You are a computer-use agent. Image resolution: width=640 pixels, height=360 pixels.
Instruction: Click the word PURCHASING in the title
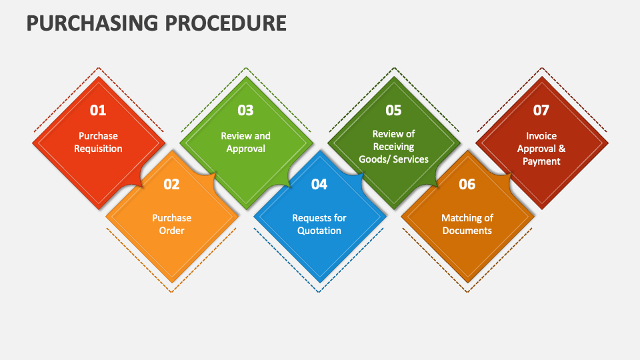(92, 23)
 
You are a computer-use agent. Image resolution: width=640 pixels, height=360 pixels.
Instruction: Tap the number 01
(98, 110)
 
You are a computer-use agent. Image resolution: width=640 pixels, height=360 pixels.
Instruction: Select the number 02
(171, 185)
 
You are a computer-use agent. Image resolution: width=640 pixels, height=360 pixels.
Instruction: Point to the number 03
(246, 110)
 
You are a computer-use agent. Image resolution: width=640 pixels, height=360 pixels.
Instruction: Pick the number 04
(319, 185)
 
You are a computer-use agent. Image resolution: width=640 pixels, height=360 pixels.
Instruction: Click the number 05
(393, 110)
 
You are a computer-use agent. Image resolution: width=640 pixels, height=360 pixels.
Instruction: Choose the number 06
(467, 185)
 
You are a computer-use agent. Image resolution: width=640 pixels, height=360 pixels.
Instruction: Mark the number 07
(541, 110)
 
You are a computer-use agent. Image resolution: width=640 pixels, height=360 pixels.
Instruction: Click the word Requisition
(98, 149)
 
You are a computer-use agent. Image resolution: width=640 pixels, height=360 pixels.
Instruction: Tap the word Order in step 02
(171, 231)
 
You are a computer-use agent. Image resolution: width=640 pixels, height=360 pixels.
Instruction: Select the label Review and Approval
(246, 142)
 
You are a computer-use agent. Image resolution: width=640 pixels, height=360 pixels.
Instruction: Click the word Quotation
(319, 231)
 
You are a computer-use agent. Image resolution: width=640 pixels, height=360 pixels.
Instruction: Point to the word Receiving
(393, 147)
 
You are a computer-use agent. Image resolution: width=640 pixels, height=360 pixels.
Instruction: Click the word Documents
(467, 231)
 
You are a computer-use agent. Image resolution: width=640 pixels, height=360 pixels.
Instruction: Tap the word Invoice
(541, 136)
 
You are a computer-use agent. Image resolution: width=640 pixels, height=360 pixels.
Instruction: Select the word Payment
(541, 161)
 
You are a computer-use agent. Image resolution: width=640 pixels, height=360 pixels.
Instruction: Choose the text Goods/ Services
(393, 159)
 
